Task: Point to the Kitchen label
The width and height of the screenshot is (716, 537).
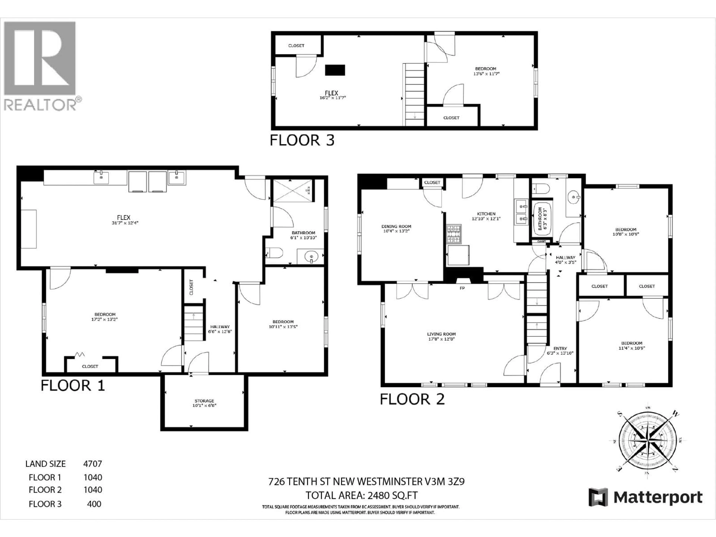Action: [486, 214]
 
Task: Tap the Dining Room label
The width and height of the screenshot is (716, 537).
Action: [396, 227]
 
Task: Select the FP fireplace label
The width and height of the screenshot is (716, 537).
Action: [462, 288]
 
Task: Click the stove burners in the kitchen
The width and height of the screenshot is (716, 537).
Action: [454, 234]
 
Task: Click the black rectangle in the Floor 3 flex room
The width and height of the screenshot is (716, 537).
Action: [335, 70]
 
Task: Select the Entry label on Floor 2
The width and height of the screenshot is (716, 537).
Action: [560, 348]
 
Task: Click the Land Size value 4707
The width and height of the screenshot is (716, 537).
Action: [92, 464]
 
